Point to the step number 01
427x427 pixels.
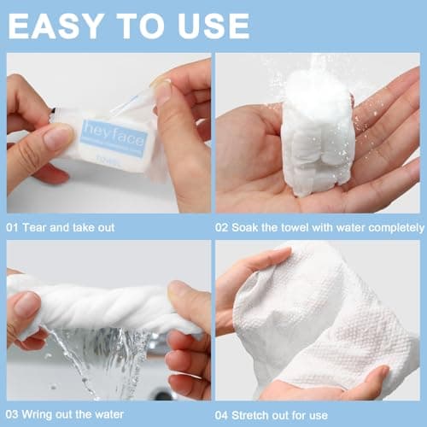coord(15,227)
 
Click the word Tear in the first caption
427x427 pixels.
coord(38,227)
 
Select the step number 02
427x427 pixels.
coord(225,227)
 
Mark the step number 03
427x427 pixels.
coord(15,413)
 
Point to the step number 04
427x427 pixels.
coord(225,413)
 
